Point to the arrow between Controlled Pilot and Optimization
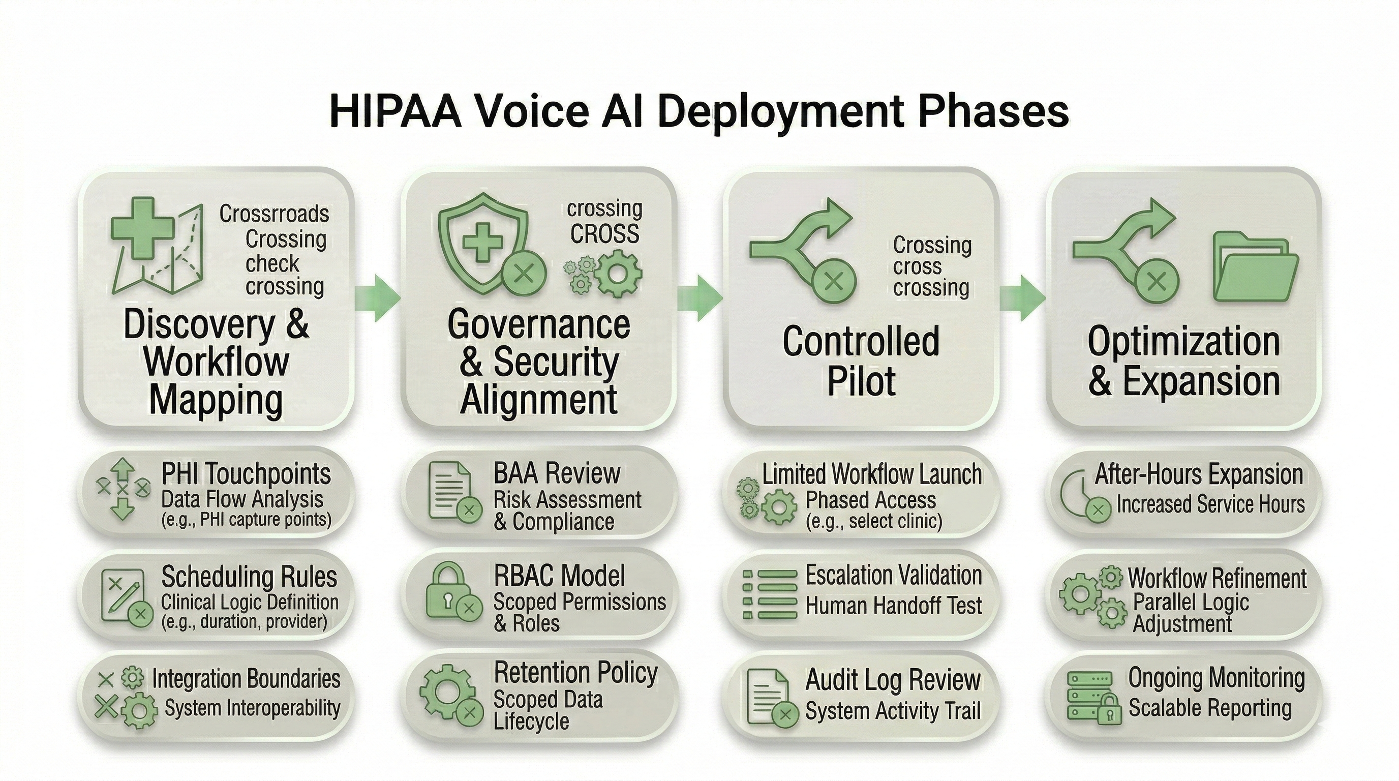[1022, 298]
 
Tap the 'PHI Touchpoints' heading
[246, 474]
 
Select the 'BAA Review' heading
[557, 473]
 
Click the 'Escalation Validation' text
[893, 575]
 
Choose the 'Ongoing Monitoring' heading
[1216, 678]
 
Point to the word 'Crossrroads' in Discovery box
[275, 214]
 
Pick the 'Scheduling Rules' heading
[249, 576]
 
